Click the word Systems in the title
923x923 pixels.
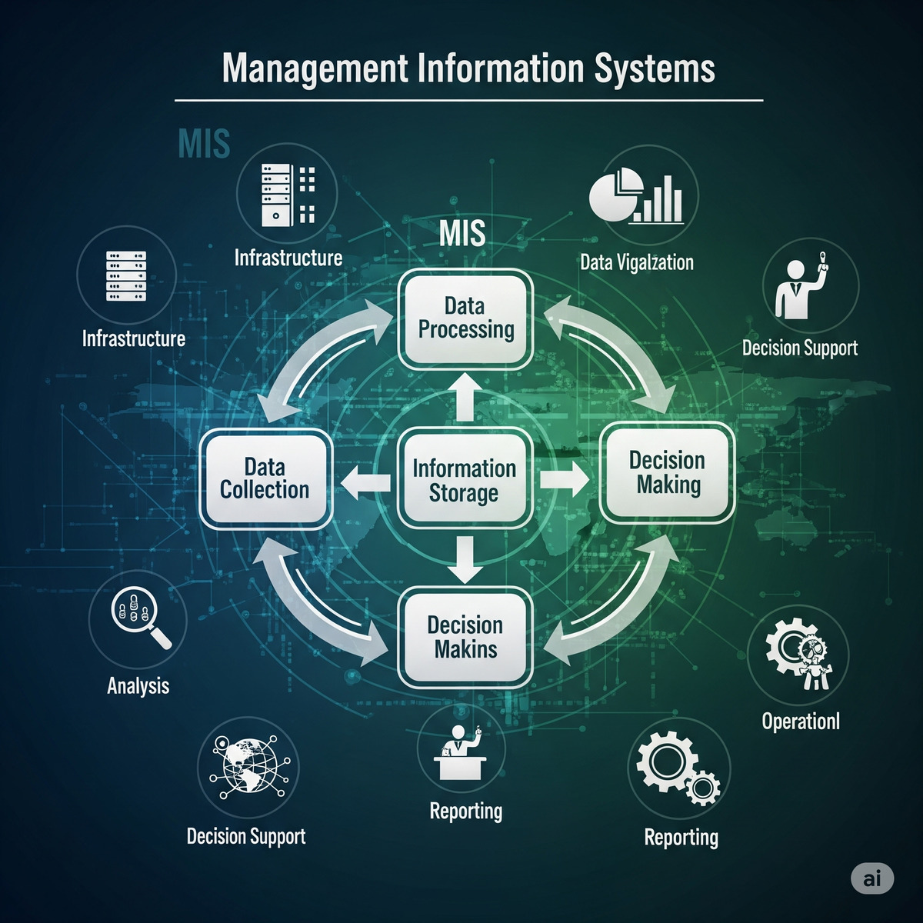[654, 68]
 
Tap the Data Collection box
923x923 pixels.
[265, 478]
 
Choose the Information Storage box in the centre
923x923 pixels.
[464, 480]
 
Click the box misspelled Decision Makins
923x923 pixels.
[465, 637]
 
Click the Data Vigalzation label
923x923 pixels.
[637, 262]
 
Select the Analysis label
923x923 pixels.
[138, 685]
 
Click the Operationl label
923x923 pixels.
[801, 721]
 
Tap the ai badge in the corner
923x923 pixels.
[872, 878]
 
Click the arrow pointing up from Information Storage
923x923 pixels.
[464, 396]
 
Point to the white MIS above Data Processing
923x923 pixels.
[462, 233]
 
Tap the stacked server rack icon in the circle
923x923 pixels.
[126, 275]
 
